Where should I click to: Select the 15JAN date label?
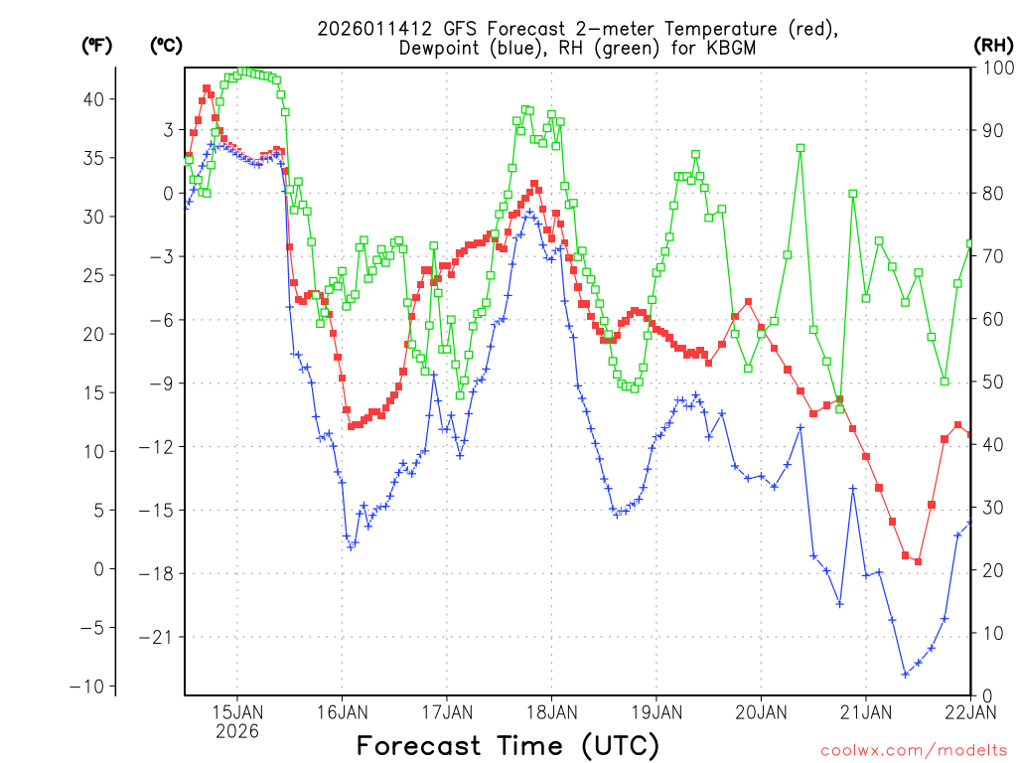coord(236,711)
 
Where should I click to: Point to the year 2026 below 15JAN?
coord(236,731)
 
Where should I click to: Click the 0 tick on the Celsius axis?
coord(168,193)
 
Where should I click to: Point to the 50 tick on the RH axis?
coord(990,382)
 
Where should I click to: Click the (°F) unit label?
coord(96,45)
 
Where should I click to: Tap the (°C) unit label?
coord(166,45)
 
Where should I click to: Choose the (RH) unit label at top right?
coord(992,45)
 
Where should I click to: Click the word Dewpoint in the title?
coord(443,49)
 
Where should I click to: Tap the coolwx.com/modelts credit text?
coord(914,750)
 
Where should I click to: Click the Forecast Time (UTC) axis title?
coord(508,745)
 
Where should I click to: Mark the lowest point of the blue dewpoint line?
coord(905,674)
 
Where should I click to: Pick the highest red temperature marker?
coord(207,88)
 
